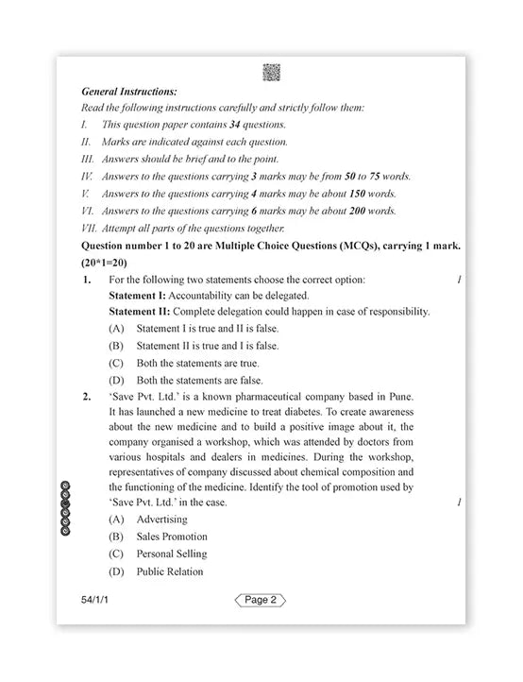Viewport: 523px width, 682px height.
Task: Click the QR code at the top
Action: [x=270, y=72]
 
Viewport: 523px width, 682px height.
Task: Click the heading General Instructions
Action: [x=129, y=92]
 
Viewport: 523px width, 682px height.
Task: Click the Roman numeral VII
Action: [x=90, y=228]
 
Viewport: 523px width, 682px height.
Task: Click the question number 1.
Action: [x=87, y=280]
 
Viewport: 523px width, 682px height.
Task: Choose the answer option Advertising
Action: [x=161, y=520]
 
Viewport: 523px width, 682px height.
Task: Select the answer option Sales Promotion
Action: [x=171, y=537]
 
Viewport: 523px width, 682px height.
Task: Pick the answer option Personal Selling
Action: [x=171, y=554]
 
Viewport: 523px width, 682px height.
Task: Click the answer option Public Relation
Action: [x=169, y=571]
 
